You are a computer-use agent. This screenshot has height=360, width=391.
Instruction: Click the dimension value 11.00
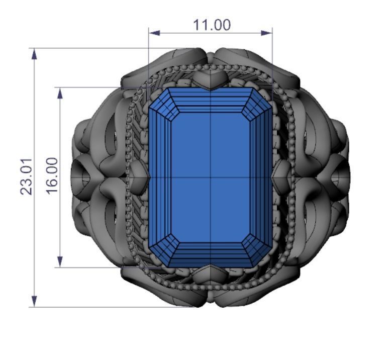212,25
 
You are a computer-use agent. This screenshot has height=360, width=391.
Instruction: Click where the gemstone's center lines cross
211,177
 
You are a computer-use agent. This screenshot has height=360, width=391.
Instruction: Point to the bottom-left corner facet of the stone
160,254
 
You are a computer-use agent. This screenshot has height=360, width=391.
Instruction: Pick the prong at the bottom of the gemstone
211,274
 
